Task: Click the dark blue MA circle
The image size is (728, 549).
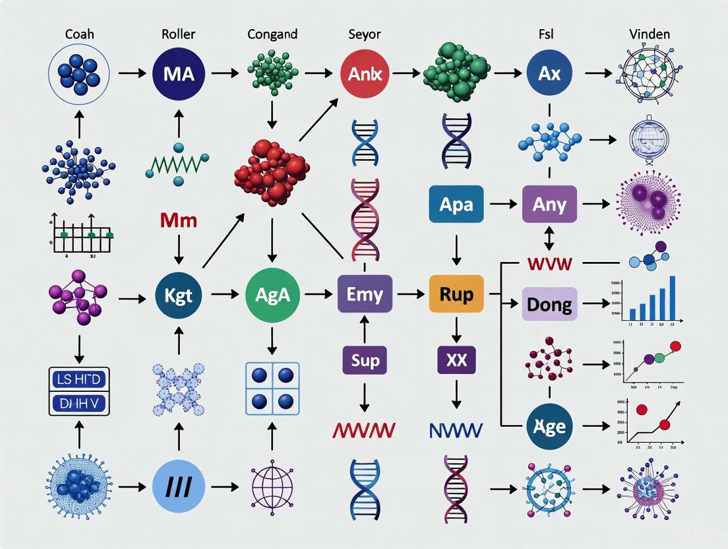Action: [178, 73]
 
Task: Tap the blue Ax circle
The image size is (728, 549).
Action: [549, 73]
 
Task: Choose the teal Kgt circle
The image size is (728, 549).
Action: [179, 294]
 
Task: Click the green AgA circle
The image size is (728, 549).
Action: [272, 294]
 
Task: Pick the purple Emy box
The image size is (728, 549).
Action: [365, 294]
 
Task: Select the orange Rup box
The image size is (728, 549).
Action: [456, 294]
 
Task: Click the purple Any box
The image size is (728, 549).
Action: [549, 205]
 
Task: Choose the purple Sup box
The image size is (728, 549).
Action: [365, 361]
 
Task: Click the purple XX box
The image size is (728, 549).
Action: [456, 361]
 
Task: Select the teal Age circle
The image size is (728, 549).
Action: [549, 426]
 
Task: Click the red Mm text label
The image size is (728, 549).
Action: [179, 220]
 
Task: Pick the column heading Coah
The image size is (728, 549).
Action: [78, 34]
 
